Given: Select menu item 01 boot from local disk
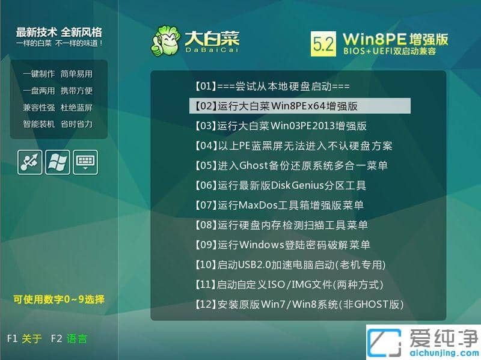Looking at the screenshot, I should tap(272, 87).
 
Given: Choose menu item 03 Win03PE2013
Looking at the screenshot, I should tap(280, 126).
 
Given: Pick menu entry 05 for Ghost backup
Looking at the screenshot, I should tap(291, 165).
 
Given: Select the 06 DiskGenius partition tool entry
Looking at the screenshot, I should tap(280, 185).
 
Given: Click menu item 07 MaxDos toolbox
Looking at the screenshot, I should tap(279, 205).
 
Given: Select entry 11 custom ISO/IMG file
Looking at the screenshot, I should tap(289, 284).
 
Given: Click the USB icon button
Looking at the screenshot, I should tap(31, 162).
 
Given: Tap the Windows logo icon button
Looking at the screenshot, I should tap(58, 162).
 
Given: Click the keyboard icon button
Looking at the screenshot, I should tap(85, 162).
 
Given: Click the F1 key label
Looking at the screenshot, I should tap(13, 338).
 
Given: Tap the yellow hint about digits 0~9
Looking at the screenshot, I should tap(59, 299).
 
